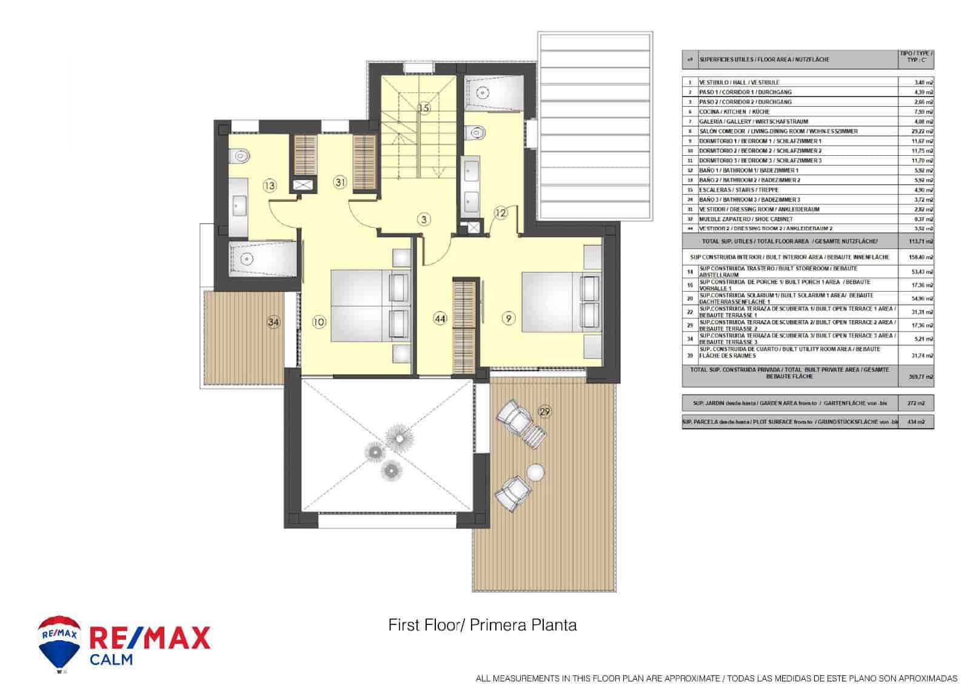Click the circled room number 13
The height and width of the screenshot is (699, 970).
pyautogui.click(x=269, y=186)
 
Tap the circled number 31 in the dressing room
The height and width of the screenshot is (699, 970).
pyautogui.click(x=340, y=181)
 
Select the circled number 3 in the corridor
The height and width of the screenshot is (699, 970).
pyautogui.click(x=425, y=219)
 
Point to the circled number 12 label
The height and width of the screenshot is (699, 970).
pyautogui.click(x=500, y=212)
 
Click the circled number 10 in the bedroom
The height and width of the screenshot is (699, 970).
pyautogui.click(x=319, y=322)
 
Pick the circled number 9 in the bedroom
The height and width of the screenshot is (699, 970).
pyautogui.click(x=508, y=316)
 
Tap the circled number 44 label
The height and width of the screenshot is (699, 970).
pyautogui.click(x=440, y=317)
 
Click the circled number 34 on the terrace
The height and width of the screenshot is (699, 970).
pyautogui.click(x=274, y=323)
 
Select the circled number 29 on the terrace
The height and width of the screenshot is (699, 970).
pyautogui.click(x=544, y=412)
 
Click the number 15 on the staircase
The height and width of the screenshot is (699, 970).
pyautogui.click(x=424, y=108)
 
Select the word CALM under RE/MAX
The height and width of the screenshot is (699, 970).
pyautogui.click(x=111, y=660)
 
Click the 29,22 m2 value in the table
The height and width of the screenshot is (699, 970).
pyautogui.click(x=924, y=131)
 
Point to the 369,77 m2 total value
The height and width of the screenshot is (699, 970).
pyautogui.click(x=924, y=376)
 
